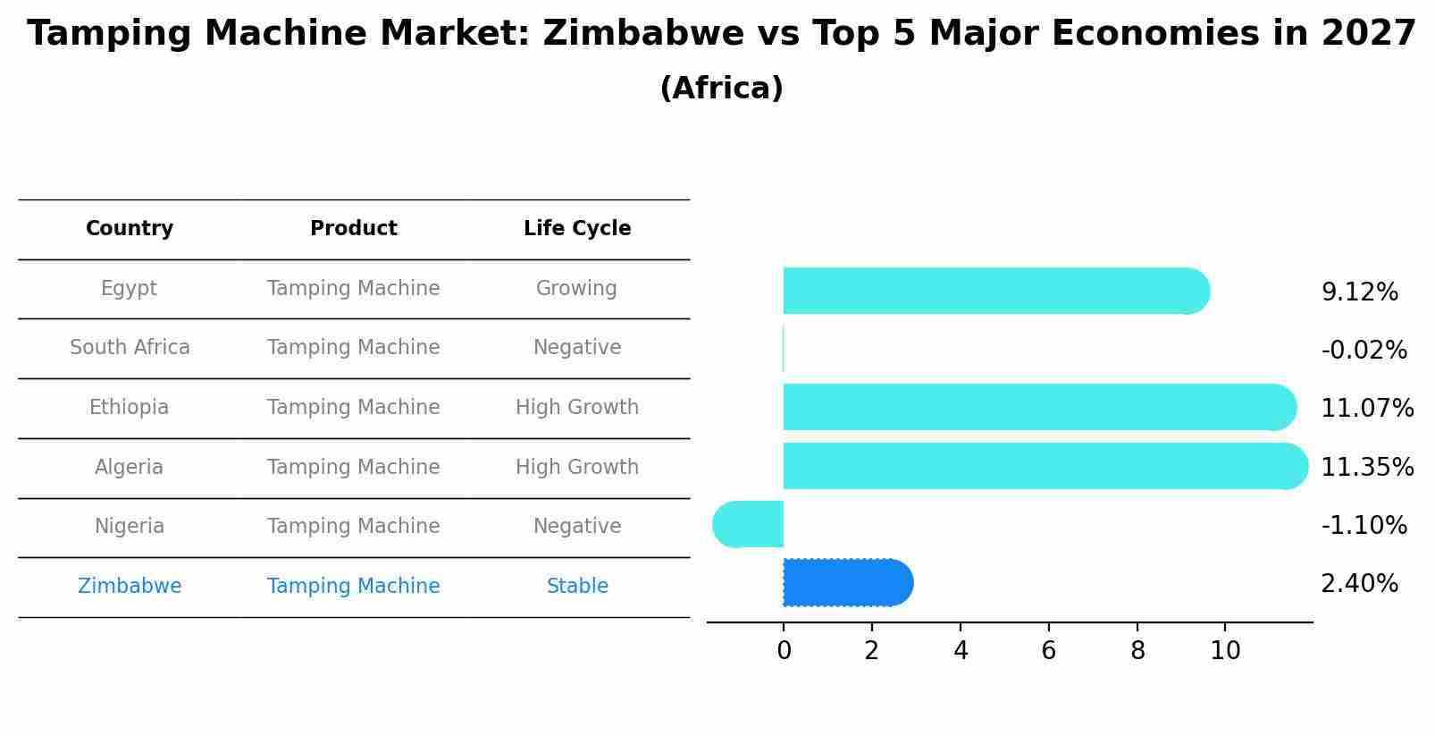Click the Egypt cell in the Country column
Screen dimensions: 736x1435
point(129,289)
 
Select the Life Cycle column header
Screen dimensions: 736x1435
point(577,229)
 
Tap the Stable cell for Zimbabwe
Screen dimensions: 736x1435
point(577,587)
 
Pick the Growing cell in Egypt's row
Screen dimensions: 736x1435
point(576,289)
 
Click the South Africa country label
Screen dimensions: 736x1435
point(130,348)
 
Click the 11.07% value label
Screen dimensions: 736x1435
point(1366,409)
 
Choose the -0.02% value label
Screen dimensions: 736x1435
point(1364,351)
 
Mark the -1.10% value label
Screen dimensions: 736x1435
point(1364,525)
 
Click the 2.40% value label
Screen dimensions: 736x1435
point(1359,584)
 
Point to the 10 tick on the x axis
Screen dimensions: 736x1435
point(1225,651)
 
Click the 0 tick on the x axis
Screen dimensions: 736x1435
point(784,651)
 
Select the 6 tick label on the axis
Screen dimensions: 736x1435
point(1048,651)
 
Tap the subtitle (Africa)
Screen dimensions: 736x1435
point(721,89)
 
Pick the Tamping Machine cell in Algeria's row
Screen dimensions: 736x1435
point(353,468)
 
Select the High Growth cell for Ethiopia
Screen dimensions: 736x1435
point(577,408)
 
